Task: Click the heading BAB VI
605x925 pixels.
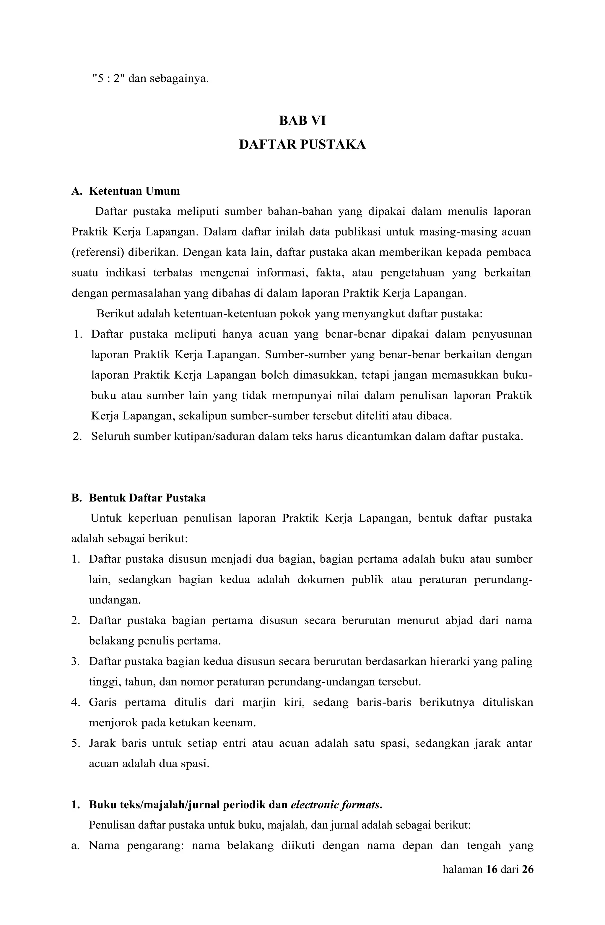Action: (302, 121)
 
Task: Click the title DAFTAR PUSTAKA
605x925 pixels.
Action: (302, 145)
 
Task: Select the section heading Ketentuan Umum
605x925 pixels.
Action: (134, 191)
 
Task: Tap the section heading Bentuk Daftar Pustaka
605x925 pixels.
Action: (147, 498)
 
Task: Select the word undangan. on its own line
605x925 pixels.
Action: (115, 600)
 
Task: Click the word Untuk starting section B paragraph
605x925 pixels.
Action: (106, 518)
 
